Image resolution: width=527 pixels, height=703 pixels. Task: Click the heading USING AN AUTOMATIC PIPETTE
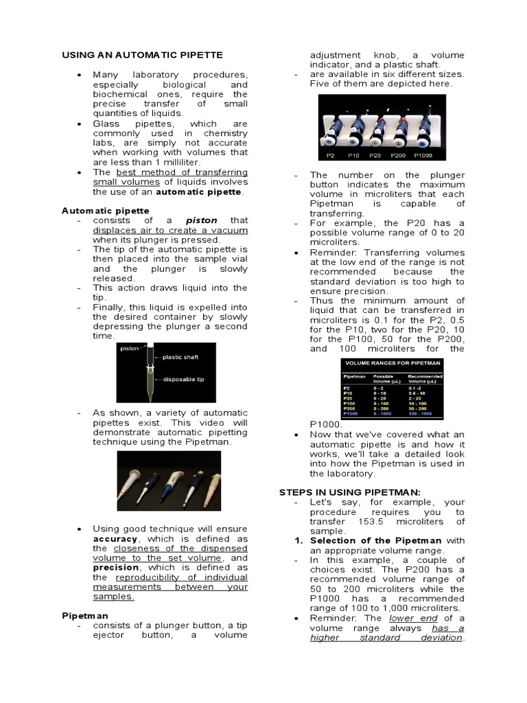click(x=142, y=54)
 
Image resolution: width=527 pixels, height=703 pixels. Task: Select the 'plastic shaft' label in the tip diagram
click(x=182, y=357)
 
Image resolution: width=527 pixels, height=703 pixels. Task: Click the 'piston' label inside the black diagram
click(x=129, y=348)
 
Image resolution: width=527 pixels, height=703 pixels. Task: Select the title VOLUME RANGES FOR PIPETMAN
click(x=393, y=362)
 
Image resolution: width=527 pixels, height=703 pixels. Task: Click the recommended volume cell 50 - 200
click(x=420, y=408)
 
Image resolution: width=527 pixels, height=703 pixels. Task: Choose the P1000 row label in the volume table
click(x=351, y=413)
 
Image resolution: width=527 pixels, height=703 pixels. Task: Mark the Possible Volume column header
click(x=384, y=378)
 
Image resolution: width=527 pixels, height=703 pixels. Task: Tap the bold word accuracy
click(x=115, y=539)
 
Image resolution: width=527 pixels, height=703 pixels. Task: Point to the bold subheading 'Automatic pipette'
click(x=105, y=211)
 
